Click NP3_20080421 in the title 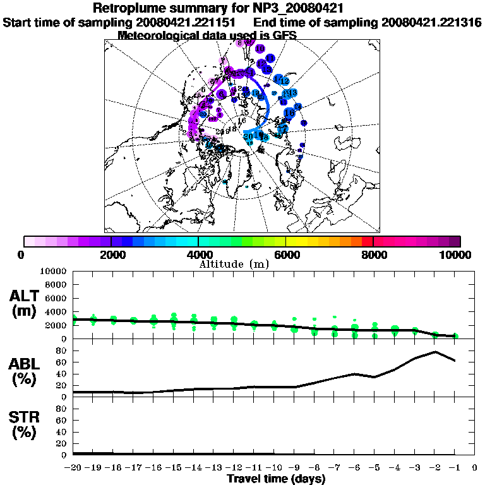(x=301, y=9)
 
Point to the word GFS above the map (x=283, y=35)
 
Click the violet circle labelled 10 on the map (x=260, y=49)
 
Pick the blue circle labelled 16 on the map (x=289, y=113)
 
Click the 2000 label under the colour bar (x=111, y=254)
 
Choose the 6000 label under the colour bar (x=285, y=254)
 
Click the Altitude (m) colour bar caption (x=234, y=264)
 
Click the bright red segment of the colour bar (x=368, y=241)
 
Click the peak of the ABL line (x=435, y=352)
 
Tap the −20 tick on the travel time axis (x=74, y=468)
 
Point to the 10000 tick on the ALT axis (x=51, y=272)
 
